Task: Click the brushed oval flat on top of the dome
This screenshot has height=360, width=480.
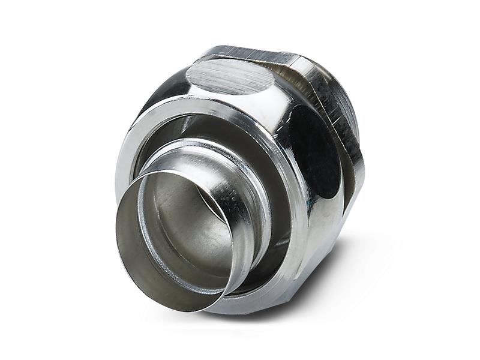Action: point(231,77)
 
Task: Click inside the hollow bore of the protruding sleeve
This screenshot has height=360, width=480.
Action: point(180,240)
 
